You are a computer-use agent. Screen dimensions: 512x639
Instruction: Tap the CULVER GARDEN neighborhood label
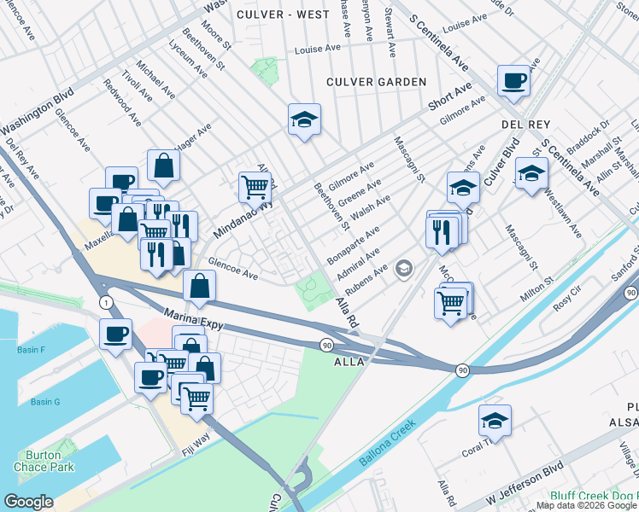(x=376, y=82)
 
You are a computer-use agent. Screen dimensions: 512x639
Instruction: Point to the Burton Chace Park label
(x=44, y=461)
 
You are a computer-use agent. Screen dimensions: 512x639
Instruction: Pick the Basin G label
(x=45, y=402)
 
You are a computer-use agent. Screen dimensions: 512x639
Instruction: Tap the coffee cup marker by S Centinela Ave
(x=513, y=81)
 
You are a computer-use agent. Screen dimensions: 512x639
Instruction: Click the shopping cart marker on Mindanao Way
(x=255, y=186)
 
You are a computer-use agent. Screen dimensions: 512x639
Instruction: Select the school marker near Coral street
(x=495, y=420)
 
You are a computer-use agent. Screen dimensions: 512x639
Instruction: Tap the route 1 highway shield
(x=104, y=303)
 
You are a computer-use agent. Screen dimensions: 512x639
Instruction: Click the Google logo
(x=28, y=502)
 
